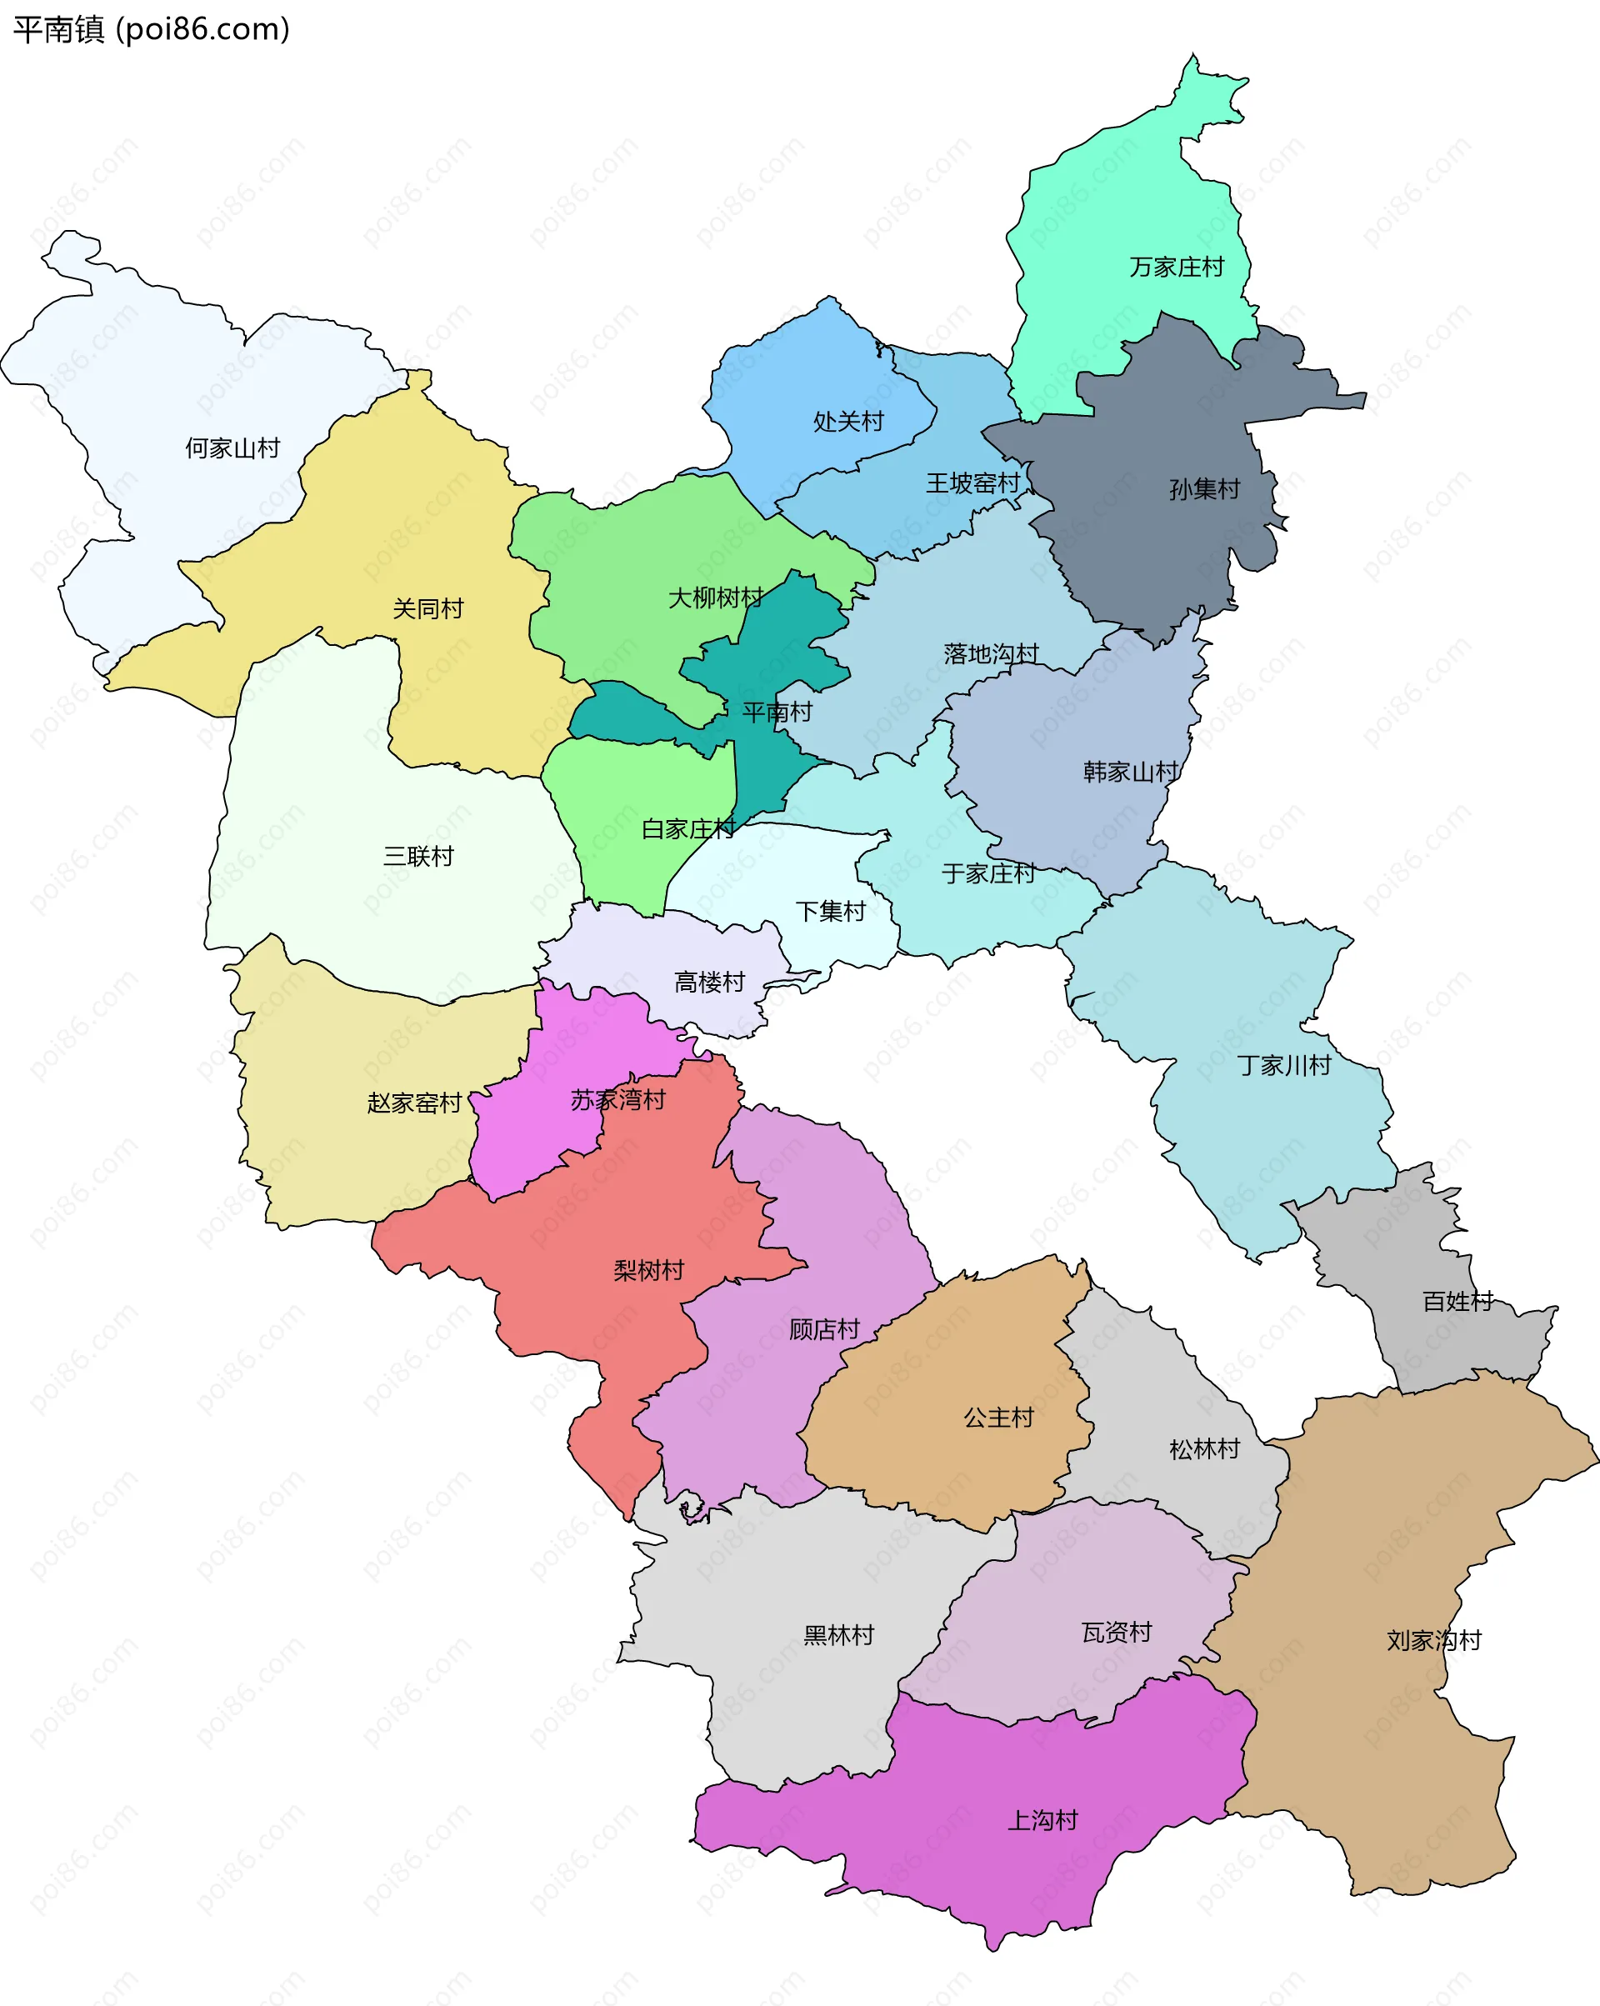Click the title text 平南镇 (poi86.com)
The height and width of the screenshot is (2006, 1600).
152,30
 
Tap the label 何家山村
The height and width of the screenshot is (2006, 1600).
232,448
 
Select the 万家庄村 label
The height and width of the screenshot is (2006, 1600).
1177,267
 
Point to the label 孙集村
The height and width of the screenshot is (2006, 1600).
1205,488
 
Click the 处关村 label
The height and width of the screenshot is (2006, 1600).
848,422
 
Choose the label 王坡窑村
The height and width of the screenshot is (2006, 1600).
973,483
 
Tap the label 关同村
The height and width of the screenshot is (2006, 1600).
427,608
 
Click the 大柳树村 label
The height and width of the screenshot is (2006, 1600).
715,598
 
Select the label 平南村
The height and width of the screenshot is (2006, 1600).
777,713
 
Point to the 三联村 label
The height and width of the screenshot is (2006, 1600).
418,856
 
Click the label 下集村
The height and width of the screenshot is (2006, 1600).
831,911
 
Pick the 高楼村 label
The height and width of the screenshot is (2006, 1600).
710,982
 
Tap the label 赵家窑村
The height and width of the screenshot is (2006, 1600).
415,1103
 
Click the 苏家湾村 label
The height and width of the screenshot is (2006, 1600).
618,1100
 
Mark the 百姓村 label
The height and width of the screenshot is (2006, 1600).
1457,1302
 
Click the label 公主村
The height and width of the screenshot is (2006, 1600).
999,1418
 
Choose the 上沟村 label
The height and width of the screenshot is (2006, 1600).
1042,1821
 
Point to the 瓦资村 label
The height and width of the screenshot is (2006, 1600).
1117,1632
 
